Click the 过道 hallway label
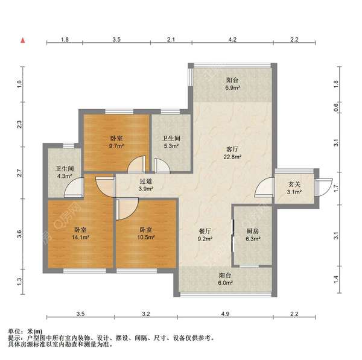[145, 180]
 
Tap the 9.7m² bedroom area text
[116, 147]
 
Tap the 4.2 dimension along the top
[232, 39]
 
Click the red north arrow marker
[22, 40]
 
